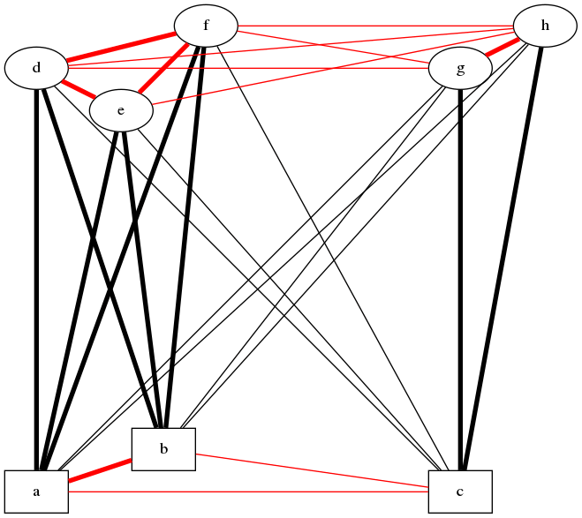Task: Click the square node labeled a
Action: tap(36, 492)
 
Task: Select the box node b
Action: tap(163, 449)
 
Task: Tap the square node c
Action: tap(460, 492)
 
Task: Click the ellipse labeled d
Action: tap(36, 68)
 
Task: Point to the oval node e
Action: tap(121, 110)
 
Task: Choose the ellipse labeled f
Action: tap(206, 26)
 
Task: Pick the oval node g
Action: tap(460, 68)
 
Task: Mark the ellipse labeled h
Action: tap(545, 26)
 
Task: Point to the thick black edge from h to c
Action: tap(503, 256)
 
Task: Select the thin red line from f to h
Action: tap(375, 26)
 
